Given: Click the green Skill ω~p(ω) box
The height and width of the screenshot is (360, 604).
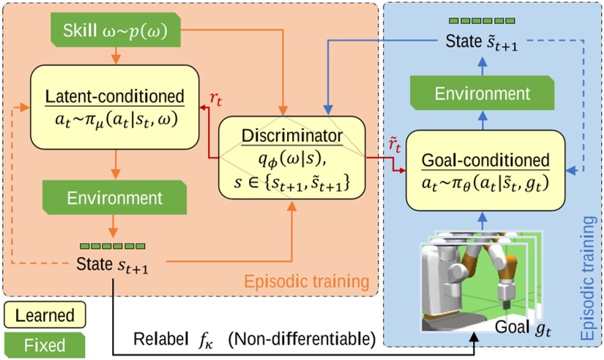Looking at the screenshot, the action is [x=116, y=30].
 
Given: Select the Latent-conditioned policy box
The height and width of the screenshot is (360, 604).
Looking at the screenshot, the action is [x=115, y=107].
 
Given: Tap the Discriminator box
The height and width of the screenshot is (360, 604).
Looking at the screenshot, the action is [x=291, y=157].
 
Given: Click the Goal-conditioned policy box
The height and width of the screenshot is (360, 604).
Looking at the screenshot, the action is [x=485, y=170].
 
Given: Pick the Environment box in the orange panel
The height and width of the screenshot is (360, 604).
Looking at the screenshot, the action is [x=114, y=198].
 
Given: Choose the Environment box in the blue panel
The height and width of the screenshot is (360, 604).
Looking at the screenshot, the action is [x=482, y=93].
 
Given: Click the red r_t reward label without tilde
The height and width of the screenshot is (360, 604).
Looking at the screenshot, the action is [x=216, y=100].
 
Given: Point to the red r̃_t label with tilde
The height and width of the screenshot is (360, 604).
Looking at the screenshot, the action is [x=395, y=146].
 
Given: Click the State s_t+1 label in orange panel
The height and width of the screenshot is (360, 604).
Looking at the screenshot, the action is [x=112, y=265].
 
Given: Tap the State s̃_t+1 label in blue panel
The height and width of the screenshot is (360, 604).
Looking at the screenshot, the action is [x=482, y=42].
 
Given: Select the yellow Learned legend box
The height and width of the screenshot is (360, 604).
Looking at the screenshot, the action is [x=45, y=315].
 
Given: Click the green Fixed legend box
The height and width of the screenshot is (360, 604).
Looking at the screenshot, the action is [x=45, y=345].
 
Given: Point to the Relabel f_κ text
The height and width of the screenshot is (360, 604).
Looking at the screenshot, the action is [x=173, y=340].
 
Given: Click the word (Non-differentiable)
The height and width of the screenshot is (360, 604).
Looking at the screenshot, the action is [x=302, y=340].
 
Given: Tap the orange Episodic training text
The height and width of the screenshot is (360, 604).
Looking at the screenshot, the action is [x=307, y=282].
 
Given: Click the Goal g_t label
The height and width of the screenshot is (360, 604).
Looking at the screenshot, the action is [x=523, y=328].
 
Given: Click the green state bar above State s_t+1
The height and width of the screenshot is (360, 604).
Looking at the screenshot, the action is [x=113, y=246].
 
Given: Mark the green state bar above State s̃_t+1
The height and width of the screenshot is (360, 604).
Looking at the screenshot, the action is [x=482, y=20].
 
